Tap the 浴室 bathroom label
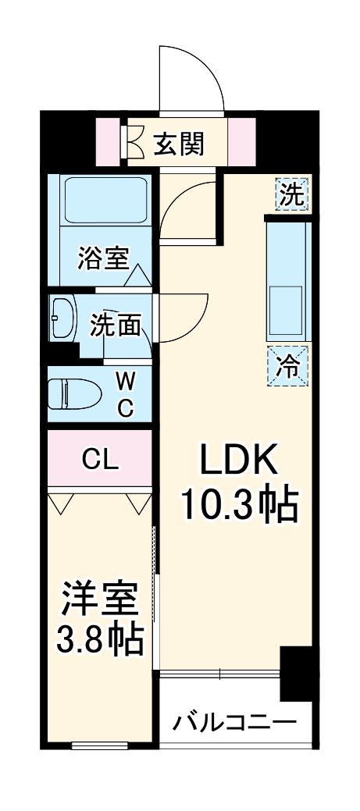pyautogui.click(x=102, y=258)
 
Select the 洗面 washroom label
pyautogui.click(x=114, y=325)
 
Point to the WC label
pyautogui.click(x=126, y=393)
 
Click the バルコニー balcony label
pyautogui.click(x=235, y=720)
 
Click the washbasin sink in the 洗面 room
pyautogui.click(x=62, y=318)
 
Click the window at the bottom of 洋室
pyautogui.click(x=99, y=745)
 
